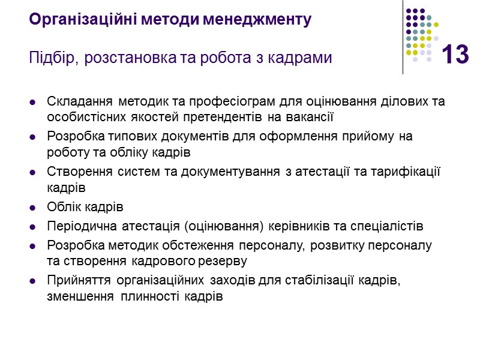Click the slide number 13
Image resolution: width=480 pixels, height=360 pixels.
(x=454, y=55)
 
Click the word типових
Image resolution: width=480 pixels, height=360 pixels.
(x=116, y=137)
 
